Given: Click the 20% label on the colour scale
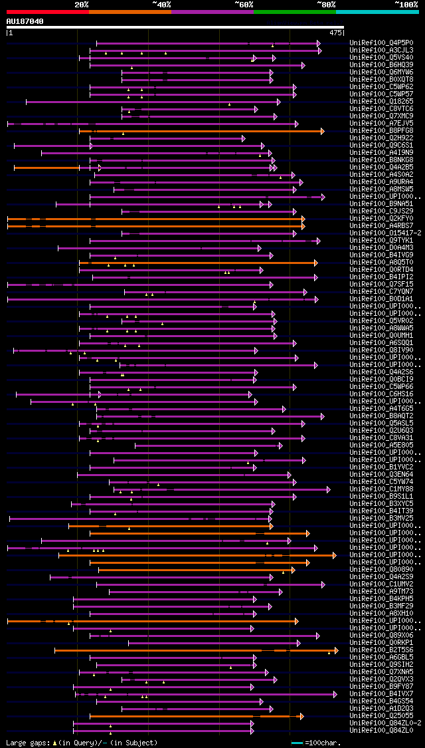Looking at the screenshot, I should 82,4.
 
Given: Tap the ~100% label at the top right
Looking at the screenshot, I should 406,4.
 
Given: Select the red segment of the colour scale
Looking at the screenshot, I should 47,11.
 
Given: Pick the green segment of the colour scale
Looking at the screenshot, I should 294,11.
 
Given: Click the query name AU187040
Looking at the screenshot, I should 25,21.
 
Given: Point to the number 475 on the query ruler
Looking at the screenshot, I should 335,32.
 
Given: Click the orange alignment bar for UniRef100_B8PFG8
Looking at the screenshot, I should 199,131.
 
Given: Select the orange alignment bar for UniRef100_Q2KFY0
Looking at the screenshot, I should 153,219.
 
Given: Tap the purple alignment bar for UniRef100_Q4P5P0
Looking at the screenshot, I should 206,43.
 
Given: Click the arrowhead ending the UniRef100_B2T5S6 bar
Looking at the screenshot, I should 337,650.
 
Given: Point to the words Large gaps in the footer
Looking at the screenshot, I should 27,743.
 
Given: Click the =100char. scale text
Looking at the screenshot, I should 323,743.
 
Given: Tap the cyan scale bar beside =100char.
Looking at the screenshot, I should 297,743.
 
